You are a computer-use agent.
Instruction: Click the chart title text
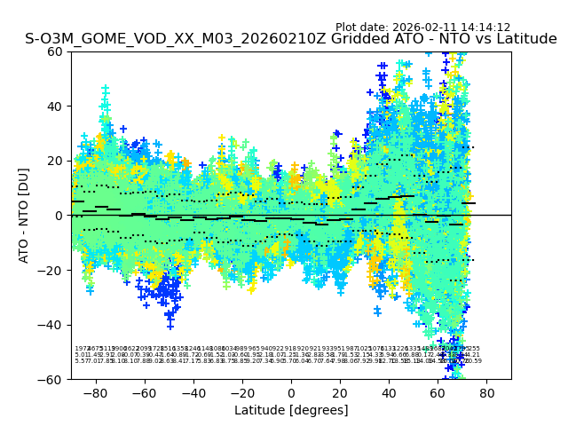tap(291, 39)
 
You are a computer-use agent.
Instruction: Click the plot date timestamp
tap(422, 28)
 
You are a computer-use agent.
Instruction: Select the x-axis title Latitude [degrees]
tap(291, 410)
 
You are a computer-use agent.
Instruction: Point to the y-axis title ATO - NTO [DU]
tap(24, 215)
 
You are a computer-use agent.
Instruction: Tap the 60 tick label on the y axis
tap(54, 51)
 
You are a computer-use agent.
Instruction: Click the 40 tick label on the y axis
tap(54, 106)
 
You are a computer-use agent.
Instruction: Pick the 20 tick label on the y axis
tap(54, 161)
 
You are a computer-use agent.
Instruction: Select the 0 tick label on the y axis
tap(58, 216)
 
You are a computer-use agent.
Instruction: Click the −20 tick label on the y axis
tap(51, 270)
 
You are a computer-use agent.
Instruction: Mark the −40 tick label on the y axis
tap(51, 325)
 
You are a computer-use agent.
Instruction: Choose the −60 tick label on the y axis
tap(51, 379)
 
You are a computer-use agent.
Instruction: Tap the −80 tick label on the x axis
tap(95, 391)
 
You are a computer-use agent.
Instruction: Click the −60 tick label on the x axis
tap(144, 391)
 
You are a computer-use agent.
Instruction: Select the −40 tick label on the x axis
tap(193, 391)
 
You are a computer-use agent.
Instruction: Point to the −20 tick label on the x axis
tap(241, 391)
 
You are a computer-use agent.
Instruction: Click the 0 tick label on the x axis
tap(291, 391)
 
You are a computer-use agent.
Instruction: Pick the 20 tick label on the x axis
tap(340, 391)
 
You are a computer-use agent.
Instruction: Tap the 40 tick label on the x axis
tap(389, 391)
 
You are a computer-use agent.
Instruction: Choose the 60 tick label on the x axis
tap(438, 391)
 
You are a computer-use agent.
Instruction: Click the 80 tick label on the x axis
tap(486, 391)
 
